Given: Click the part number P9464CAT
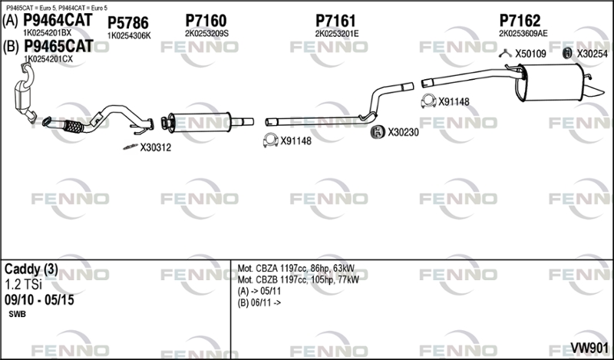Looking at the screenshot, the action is click(58, 20).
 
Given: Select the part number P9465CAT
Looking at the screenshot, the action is click(59, 46).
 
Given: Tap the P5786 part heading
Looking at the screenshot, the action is click(128, 23).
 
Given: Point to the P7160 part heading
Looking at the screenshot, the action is click(206, 21).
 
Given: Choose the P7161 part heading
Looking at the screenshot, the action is click(335, 21).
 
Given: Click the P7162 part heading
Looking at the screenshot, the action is click(520, 21).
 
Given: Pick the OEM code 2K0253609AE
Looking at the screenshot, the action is click(523, 34).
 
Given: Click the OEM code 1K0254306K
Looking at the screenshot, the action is click(129, 36).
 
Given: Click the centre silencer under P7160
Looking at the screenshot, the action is click(200, 122).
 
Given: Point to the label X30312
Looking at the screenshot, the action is click(156, 147).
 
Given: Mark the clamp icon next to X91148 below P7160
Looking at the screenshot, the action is click(270, 140).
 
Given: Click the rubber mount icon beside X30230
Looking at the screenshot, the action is click(378, 132).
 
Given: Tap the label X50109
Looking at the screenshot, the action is click(530, 54).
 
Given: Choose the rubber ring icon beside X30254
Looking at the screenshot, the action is click(567, 53).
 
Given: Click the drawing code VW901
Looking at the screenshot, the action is click(589, 348).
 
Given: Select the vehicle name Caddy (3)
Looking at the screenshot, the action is click(31, 269).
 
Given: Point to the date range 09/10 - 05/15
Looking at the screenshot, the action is click(39, 300).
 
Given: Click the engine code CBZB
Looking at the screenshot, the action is click(267, 279).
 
